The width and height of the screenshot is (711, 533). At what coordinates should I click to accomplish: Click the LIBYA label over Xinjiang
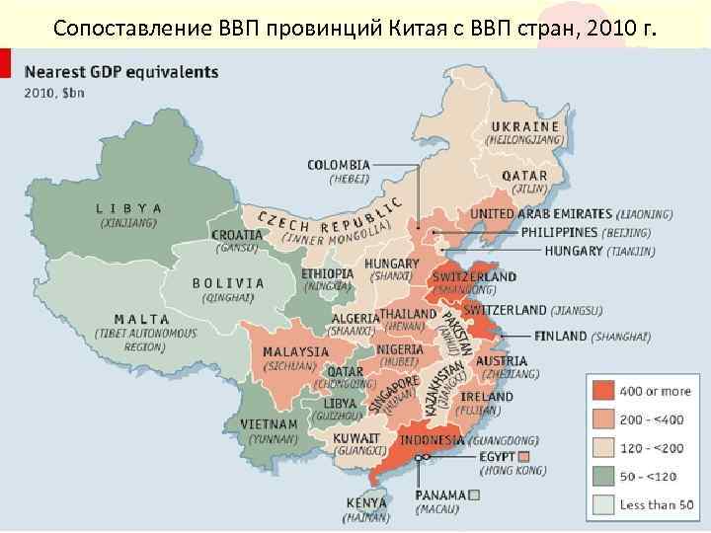(x=128, y=208)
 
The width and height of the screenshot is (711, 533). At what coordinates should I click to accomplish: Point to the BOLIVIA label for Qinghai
(x=228, y=282)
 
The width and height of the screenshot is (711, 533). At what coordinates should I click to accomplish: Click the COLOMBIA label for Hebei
(x=339, y=165)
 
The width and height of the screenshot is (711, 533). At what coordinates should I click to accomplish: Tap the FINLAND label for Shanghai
(x=560, y=336)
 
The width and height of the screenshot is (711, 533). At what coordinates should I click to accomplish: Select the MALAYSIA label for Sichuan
(x=295, y=351)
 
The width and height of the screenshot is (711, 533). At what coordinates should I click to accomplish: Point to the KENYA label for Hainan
(x=367, y=501)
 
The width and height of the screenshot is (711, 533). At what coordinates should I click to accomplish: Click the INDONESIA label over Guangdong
(x=432, y=440)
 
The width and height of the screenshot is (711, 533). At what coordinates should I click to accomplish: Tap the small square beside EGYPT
(x=524, y=457)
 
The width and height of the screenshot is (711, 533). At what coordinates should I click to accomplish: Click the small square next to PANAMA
(x=476, y=495)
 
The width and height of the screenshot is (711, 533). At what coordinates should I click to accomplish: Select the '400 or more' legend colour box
(x=603, y=391)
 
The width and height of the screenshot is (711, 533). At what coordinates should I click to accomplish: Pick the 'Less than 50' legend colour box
(x=603, y=504)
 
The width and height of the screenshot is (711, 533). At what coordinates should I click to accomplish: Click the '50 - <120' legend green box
(x=603, y=476)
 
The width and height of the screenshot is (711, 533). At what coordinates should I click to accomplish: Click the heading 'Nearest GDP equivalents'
(x=121, y=73)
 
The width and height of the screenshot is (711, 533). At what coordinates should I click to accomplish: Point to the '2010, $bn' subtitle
(x=54, y=94)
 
